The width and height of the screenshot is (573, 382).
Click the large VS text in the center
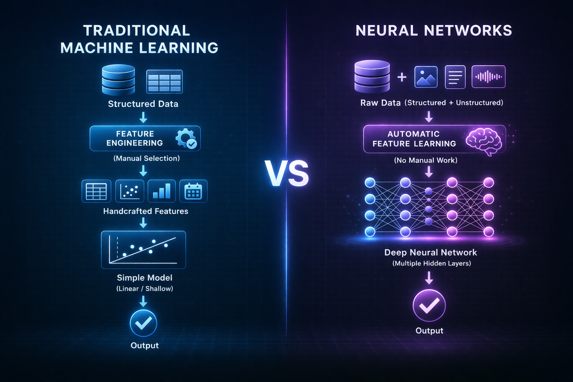point(286,174)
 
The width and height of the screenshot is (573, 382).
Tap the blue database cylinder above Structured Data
point(118,80)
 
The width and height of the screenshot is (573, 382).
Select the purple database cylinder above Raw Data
point(372,76)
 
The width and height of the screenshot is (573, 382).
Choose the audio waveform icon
point(488,77)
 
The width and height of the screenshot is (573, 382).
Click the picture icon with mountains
point(426,77)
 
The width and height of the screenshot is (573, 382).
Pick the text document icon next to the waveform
point(455,77)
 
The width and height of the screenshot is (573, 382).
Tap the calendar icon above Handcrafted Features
point(193,191)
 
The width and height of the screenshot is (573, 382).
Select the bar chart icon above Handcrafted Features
point(162,191)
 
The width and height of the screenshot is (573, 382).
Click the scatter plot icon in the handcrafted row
point(130,191)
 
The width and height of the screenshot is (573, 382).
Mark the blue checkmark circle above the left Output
point(143,323)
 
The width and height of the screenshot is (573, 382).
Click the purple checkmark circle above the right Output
point(429,305)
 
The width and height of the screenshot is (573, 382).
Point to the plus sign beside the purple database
point(402,77)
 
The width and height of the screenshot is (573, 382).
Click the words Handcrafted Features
point(145,211)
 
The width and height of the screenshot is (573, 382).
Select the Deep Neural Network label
point(430,253)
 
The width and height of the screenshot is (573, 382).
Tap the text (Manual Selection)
point(147,159)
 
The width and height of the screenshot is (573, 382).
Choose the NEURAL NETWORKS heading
point(433,31)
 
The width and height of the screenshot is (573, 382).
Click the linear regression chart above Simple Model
point(143,250)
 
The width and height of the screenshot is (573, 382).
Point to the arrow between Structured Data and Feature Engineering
point(143,118)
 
